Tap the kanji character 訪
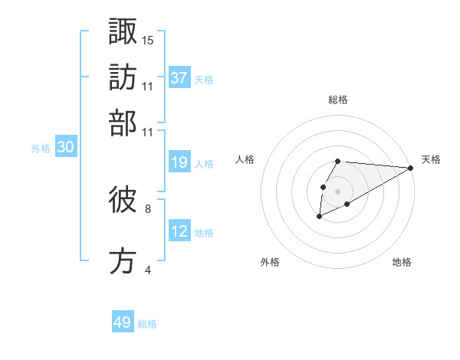(x=123, y=77)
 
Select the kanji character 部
(x=123, y=123)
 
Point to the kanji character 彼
(x=123, y=201)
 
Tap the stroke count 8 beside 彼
(x=148, y=208)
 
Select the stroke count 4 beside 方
(x=148, y=270)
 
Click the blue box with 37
(x=179, y=77)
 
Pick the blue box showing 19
(x=179, y=162)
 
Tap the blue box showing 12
(x=179, y=231)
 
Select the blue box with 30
(x=65, y=148)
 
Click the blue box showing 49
(x=123, y=322)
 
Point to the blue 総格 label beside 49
(x=147, y=324)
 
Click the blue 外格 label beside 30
(x=41, y=149)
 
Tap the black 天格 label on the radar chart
(x=431, y=159)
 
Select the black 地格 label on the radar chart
(x=402, y=262)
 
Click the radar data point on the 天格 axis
(x=411, y=168)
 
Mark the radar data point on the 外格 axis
(x=319, y=217)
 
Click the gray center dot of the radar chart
(x=337, y=190)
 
